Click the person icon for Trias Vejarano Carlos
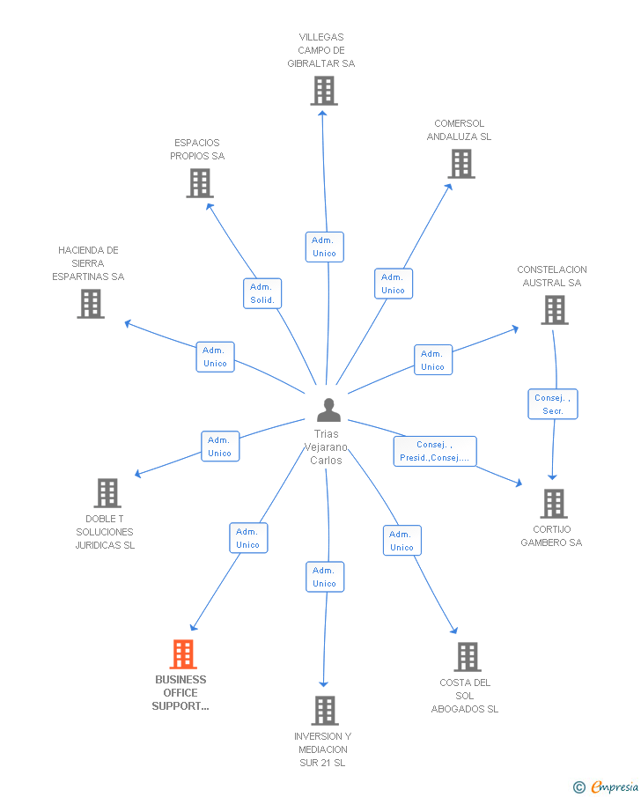point(328,410)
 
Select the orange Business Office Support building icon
point(183,654)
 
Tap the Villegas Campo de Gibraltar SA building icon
point(324,91)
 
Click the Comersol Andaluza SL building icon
point(461,164)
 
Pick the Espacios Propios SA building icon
point(200,183)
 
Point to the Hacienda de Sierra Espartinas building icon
point(91,304)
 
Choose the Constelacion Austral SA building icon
point(555,310)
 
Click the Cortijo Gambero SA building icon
point(553,504)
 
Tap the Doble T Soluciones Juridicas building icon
point(107,493)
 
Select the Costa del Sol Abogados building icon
point(468,657)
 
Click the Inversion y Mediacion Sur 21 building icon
point(325,711)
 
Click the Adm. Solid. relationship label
point(262,293)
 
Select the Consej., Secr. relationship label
point(553,404)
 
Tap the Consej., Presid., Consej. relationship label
point(434,451)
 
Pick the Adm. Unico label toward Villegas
point(324,247)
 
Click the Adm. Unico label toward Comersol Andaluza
point(393,284)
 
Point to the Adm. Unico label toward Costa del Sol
point(402,541)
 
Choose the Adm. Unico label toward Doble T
point(219,446)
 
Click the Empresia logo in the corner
point(615,787)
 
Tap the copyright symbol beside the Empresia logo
point(578,787)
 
